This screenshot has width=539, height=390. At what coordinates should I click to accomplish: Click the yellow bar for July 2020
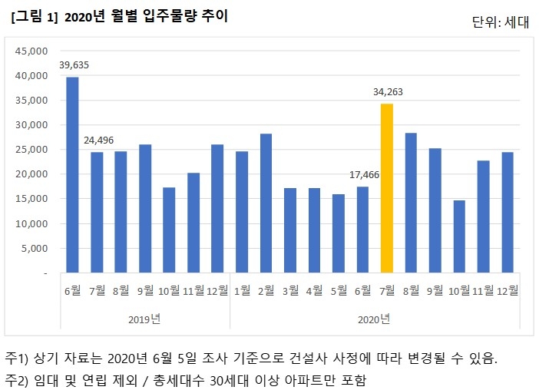point(386,188)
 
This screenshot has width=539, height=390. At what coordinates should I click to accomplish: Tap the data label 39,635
point(73,65)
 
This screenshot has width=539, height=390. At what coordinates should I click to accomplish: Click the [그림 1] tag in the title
point(35,16)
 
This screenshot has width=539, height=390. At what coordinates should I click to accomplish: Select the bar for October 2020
point(459,236)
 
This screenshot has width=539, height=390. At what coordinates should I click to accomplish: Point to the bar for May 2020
point(339,233)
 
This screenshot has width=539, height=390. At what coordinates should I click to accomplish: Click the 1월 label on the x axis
point(242,291)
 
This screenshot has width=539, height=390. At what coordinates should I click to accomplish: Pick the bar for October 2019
point(170,230)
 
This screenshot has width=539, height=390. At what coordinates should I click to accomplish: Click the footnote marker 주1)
point(16,359)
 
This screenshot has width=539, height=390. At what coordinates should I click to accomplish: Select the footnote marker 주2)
point(16,380)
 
